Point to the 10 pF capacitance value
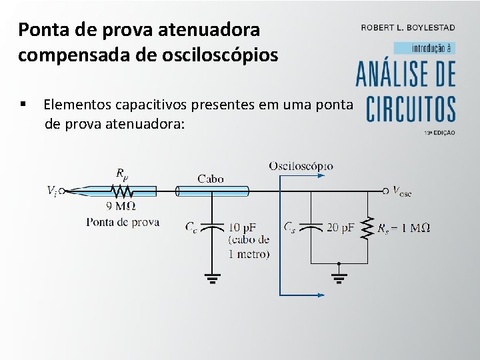pyautogui.click(x=243, y=227)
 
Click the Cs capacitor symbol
pyautogui.click(x=311, y=227)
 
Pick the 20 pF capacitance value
pyautogui.click(x=340, y=227)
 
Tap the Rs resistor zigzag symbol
pyautogui.click(x=366, y=228)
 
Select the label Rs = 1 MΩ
pyautogui.click(x=403, y=228)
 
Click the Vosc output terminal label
pyautogui.click(x=402, y=192)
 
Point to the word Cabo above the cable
pyautogui.click(x=211, y=178)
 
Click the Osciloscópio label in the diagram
pyautogui.click(x=301, y=165)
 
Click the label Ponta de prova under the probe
pyautogui.click(x=122, y=222)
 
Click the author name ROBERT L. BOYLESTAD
pyautogui.click(x=408, y=27)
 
